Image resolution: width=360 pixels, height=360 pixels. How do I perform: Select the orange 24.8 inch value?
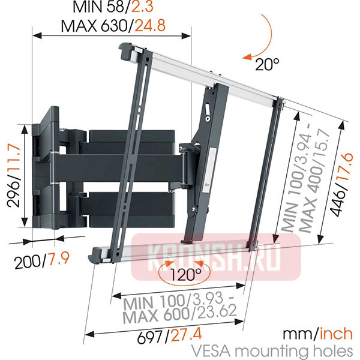(150, 26)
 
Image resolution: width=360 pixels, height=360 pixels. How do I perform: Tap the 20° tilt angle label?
(267, 64)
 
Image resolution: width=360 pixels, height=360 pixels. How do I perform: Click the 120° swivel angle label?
(185, 275)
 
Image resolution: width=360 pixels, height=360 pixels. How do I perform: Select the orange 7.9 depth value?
(59, 259)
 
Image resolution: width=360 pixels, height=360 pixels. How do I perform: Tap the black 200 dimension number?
(28, 262)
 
